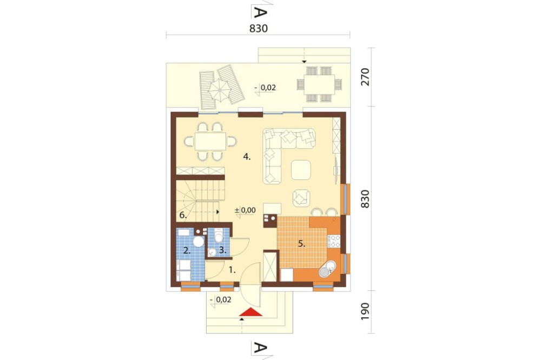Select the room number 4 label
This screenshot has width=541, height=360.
click(x=247, y=157)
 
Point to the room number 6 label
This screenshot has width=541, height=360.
click(x=183, y=216)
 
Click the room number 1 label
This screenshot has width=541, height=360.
click(x=233, y=270)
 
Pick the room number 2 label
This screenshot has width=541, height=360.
click(x=187, y=251)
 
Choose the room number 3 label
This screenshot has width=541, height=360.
click(x=223, y=251)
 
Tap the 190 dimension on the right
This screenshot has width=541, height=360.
click(x=365, y=311)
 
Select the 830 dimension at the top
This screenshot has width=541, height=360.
click(x=259, y=28)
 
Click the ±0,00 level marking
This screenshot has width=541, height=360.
click(x=245, y=210)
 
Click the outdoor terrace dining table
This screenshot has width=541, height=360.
click(x=320, y=84)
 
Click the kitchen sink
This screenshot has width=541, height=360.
click(x=327, y=269)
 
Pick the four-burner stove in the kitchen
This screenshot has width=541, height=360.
click(x=334, y=242)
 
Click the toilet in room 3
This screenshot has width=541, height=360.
click(x=218, y=236)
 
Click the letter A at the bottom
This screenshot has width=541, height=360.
click(x=261, y=348)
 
